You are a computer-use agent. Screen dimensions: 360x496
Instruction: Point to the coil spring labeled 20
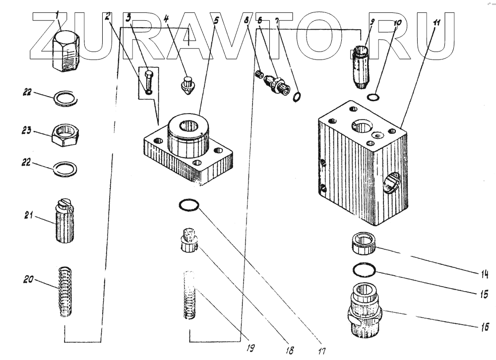tap(66, 292)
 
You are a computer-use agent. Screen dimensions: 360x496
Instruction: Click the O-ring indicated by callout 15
tap(365, 270)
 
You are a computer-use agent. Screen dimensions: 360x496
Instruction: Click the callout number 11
tap(436, 24)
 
